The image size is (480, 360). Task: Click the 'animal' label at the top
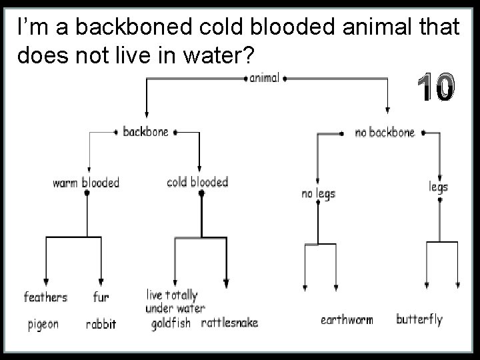click(x=265, y=78)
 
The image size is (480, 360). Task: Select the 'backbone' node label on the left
click(x=146, y=132)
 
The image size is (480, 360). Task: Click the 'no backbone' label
click(x=384, y=133)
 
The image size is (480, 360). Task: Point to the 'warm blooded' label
click(x=86, y=182)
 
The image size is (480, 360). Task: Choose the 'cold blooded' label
click(x=197, y=182)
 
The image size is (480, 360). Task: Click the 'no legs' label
click(x=318, y=193)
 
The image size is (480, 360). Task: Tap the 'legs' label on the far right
click(x=438, y=186)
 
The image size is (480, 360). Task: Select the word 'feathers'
click(x=46, y=297)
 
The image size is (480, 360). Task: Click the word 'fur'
click(x=101, y=297)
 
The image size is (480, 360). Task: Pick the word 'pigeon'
click(x=43, y=325)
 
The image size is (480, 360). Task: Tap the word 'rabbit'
click(x=101, y=325)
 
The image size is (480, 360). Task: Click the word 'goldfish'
click(x=171, y=323)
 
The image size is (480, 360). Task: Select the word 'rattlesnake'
click(x=229, y=323)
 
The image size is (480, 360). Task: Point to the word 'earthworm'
click(x=347, y=320)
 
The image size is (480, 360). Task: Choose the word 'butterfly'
click(x=419, y=319)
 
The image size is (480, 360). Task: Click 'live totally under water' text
click(x=175, y=301)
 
